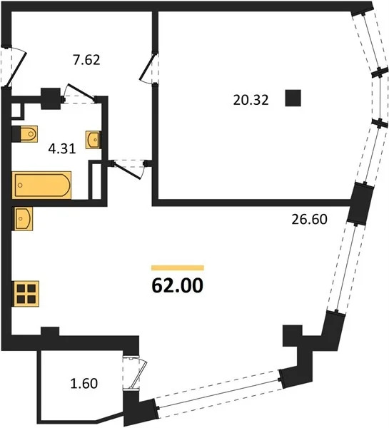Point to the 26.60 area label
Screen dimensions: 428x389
[308, 220]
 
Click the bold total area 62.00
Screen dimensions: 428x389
[178, 286]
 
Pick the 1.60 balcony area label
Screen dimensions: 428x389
[84, 383]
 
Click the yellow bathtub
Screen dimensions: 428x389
[42, 185]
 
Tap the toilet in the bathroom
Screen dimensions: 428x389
[25, 133]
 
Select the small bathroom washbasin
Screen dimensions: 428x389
[94, 139]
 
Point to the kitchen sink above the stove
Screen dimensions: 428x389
[23, 218]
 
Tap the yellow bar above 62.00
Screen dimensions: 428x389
[178, 268]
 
